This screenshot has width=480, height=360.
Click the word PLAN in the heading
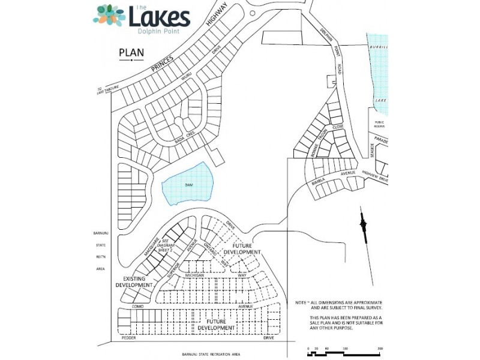(x=131, y=52)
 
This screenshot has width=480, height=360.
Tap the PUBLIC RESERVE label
(x=379, y=125)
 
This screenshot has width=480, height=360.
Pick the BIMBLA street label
(x=319, y=181)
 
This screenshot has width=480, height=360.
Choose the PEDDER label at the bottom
(x=129, y=338)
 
